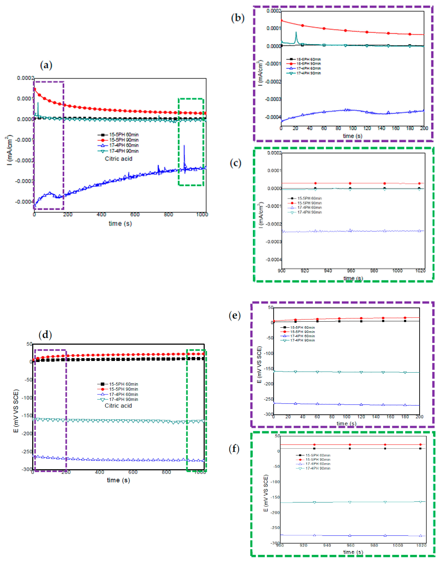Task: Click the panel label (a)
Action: click(46, 65)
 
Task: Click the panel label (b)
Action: click(237, 18)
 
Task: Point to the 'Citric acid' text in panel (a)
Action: click(119, 159)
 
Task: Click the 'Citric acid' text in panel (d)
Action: click(118, 406)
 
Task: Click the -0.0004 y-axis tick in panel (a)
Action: click(25, 202)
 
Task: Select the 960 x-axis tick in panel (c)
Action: click(351, 271)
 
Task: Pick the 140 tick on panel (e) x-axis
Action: click(376, 417)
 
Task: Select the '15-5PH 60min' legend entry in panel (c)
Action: click(309, 198)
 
